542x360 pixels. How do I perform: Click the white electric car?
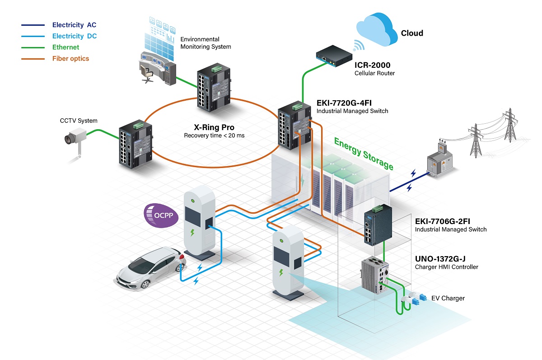145,268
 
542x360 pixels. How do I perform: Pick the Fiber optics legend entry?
70,59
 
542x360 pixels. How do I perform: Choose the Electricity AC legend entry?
74,25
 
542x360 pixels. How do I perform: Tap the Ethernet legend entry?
65,47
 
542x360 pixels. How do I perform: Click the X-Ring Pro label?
215,127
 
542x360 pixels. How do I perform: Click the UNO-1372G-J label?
440,259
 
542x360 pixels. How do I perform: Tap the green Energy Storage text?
364,154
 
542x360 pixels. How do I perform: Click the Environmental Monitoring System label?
206,43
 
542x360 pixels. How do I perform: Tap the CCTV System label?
79,121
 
